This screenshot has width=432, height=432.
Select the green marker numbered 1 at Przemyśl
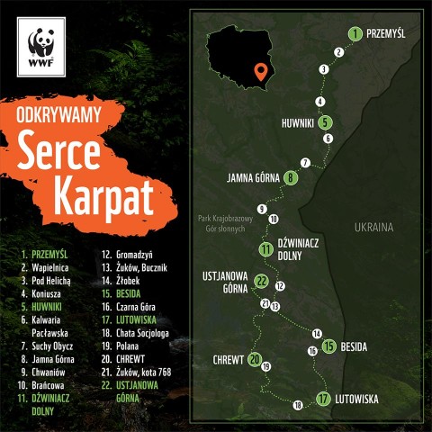(356, 34)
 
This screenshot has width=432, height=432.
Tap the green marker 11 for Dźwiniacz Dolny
(265, 249)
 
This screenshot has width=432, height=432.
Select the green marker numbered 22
(262, 281)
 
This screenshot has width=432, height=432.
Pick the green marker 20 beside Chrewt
(255, 360)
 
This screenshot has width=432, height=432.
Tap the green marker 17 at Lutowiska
(323, 399)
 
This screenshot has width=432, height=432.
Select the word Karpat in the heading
(96, 197)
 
